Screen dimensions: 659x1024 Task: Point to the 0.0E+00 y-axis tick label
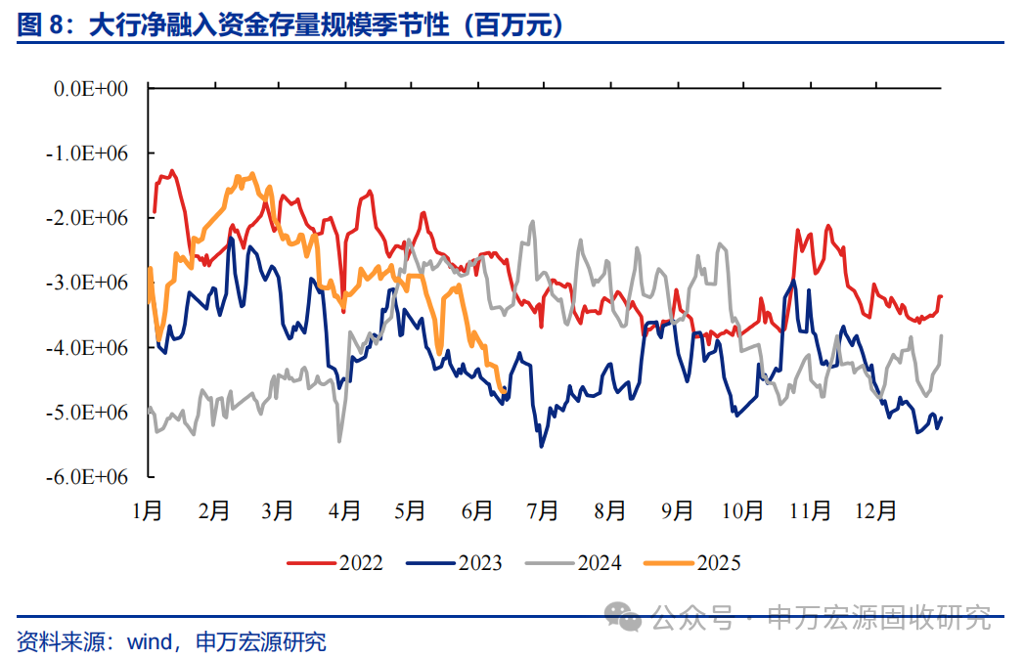(x=92, y=89)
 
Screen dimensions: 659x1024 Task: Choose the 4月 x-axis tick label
(x=344, y=510)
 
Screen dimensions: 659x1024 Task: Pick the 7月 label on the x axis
(x=543, y=510)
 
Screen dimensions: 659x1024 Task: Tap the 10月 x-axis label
(x=742, y=510)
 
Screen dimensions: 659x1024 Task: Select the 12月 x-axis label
(x=875, y=510)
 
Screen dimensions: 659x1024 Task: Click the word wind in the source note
(x=149, y=642)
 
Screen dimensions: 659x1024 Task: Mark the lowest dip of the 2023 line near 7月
(x=542, y=447)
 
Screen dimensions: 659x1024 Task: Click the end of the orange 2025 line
(x=504, y=391)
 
